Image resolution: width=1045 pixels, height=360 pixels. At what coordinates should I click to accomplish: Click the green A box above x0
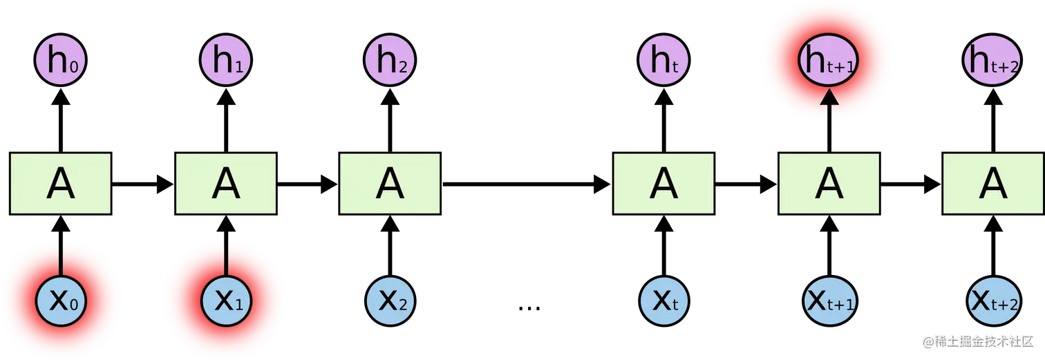coord(61,183)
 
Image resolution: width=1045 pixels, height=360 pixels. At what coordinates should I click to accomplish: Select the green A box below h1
coord(227,183)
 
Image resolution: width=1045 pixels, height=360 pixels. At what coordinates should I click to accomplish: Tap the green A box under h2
coord(390,183)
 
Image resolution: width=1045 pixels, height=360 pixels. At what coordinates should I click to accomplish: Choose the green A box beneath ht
coord(663,183)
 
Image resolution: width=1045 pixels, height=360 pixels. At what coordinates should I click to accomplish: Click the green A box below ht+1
coord(829,183)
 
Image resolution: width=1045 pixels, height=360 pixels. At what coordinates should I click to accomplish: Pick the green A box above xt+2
coord(994,183)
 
